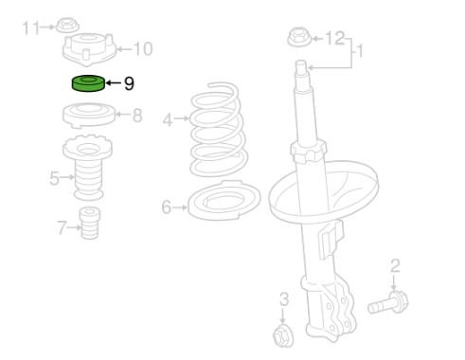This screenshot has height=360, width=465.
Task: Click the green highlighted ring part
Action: pos(88,83)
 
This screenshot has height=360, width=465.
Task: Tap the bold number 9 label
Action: pos(129,83)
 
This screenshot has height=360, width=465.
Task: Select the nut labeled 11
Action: pos(67,26)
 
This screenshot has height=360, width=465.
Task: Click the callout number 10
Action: pos(143,48)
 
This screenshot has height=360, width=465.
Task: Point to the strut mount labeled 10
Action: pos(89,49)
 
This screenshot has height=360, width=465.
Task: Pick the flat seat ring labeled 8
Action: pos(89,116)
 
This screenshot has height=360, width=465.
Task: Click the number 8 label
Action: pos(137,116)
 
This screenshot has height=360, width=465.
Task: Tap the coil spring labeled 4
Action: pos(218,130)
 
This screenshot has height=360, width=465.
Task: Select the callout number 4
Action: pos(168,120)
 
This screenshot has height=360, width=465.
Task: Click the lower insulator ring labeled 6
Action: pos(224,200)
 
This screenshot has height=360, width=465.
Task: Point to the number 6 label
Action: pos(167,207)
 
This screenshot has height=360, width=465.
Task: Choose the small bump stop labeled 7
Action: pos(90,223)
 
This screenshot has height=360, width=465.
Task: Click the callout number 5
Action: pos(54,178)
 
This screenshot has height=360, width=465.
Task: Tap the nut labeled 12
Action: pos(299,37)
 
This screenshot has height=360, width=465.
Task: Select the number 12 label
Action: pos(334,38)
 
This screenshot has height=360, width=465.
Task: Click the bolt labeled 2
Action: pos(388,303)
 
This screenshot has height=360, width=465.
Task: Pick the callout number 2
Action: pos(395,266)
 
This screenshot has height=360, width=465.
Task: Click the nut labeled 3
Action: pos(282,336)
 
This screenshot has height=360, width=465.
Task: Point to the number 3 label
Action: pos(284,298)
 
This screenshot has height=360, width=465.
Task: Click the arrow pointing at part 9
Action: pos(114,83)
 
